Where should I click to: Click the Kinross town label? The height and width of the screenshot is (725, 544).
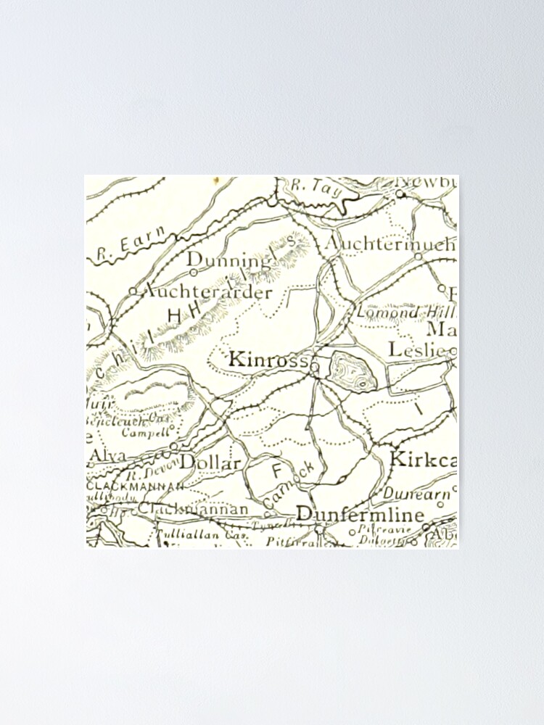click(x=268, y=359)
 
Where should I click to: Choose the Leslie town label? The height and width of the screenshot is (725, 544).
click(x=419, y=349)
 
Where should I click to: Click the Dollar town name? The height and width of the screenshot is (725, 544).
click(x=210, y=462)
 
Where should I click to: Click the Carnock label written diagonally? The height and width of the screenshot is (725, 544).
click(x=289, y=484)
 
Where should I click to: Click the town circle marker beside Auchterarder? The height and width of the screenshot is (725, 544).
click(x=133, y=291)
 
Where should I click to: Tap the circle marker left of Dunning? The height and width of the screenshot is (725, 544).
click(x=193, y=272)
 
